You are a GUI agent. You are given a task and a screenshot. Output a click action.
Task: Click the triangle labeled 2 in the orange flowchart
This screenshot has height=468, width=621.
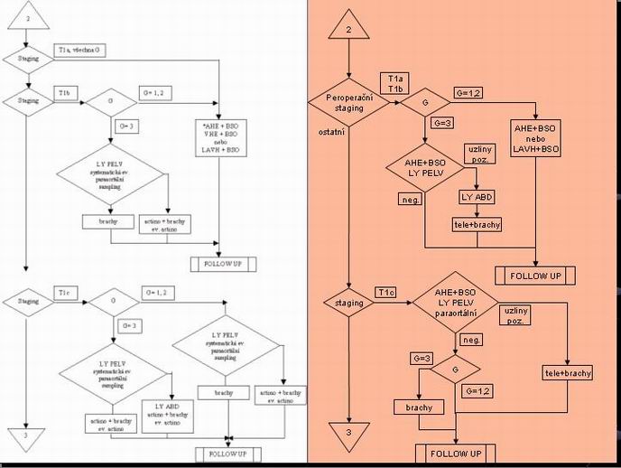point(348,29)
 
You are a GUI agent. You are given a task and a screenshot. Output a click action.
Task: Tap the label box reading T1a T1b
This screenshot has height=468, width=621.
point(394,83)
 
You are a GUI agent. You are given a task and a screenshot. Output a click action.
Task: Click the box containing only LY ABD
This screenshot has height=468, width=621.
point(478,197)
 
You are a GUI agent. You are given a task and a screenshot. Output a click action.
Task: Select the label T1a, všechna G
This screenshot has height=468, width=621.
point(81,50)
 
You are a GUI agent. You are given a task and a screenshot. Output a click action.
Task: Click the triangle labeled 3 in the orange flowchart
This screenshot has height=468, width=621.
point(348,432)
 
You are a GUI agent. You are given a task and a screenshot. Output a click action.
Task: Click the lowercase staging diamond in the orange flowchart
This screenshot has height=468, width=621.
point(348,303)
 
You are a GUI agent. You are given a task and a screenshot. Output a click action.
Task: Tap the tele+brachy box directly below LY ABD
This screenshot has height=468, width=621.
point(478,224)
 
